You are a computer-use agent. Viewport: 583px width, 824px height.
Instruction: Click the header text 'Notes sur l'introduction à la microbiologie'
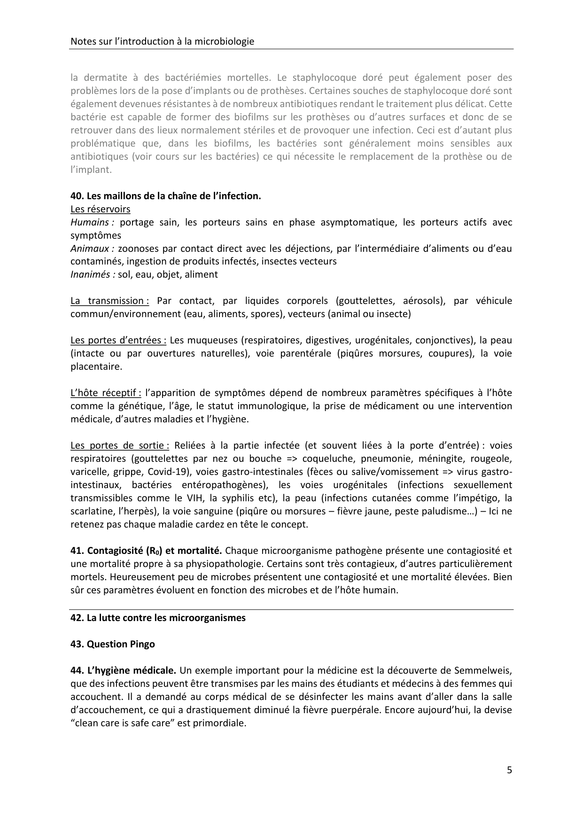click(162, 41)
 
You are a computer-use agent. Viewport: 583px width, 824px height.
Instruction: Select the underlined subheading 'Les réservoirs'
click(101, 209)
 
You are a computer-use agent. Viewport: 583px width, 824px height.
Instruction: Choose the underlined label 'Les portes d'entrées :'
click(118, 340)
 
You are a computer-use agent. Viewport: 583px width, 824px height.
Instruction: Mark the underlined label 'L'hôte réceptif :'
click(106, 393)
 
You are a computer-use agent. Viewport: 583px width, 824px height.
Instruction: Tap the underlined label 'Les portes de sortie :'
click(120, 445)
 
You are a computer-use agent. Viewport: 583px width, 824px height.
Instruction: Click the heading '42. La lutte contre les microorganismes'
click(158, 618)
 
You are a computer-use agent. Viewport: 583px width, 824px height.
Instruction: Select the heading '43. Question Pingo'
click(113, 644)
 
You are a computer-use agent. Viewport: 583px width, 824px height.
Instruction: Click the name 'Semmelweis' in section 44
click(485, 670)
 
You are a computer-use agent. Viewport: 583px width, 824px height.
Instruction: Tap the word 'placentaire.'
click(96, 366)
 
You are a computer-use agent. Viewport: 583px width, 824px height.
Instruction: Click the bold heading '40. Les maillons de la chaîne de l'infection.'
click(166, 196)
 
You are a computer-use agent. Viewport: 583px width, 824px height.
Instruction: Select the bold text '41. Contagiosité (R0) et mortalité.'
click(146, 551)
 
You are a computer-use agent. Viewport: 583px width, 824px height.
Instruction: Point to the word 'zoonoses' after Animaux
click(139, 249)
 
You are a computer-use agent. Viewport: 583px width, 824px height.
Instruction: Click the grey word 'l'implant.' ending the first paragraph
click(91, 170)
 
